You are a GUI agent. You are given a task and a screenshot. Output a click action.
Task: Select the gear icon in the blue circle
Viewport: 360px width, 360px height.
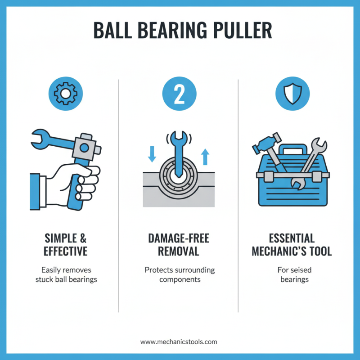point(62,93)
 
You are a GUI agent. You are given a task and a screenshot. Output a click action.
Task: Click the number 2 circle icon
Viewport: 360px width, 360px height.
point(179,93)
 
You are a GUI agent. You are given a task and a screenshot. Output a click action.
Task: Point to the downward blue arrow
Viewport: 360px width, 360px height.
point(152,153)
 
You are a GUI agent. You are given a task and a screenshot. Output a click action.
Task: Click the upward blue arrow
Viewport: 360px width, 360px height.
point(205,156)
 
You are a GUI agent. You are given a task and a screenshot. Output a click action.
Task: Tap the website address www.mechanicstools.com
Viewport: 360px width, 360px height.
point(179,342)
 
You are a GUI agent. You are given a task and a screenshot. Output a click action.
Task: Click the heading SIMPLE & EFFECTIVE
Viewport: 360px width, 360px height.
point(66,244)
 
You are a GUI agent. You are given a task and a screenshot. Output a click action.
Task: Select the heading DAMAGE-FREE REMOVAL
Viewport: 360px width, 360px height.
point(179,244)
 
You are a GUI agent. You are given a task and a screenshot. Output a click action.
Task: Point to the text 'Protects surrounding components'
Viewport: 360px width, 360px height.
point(179,274)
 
